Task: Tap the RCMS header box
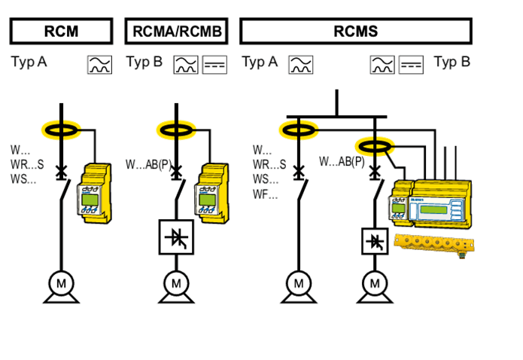(x=355, y=31)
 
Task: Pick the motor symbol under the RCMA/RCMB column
(x=176, y=285)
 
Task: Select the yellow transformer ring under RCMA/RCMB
(x=176, y=130)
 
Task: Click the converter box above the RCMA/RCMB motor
(x=176, y=237)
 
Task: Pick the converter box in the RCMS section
(x=375, y=241)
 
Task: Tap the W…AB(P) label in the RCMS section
(x=342, y=161)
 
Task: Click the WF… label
(x=265, y=195)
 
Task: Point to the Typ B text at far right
(x=452, y=63)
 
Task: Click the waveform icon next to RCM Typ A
(x=99, y=64)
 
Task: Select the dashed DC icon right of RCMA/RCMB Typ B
(x=215, y=64)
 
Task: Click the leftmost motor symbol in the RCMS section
(x=300, y=285)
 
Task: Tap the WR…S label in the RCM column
(x=27, y=165)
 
